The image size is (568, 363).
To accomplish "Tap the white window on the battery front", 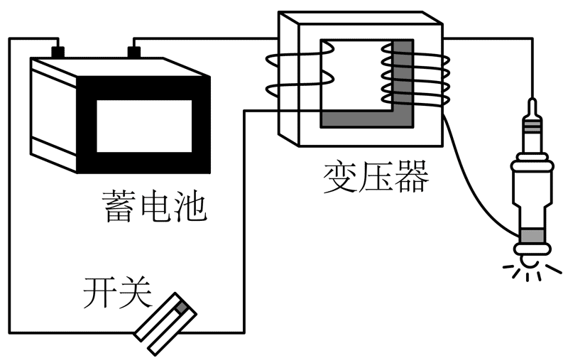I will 143,124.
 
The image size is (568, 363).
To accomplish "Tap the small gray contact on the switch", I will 182,308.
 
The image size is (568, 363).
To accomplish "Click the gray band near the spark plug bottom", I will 530,236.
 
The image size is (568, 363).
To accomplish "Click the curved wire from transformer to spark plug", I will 476,192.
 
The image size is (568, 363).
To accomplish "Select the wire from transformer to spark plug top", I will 497,40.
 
